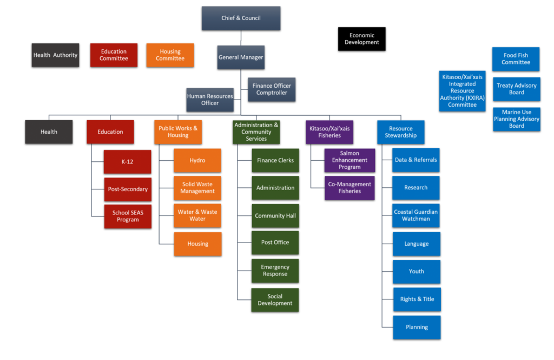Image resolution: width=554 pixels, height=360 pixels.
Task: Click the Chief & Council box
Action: coord(241,18)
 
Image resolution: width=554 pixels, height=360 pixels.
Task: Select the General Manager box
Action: coord(241,57)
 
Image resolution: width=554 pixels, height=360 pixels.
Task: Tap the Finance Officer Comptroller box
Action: coord(272,89)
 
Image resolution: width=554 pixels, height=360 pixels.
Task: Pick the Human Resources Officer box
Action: coord(210,100)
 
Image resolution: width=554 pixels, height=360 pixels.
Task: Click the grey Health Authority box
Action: coord(55,55)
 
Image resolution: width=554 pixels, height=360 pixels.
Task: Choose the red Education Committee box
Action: coord(114,55)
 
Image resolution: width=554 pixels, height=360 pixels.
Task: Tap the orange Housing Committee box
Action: coord(170,55)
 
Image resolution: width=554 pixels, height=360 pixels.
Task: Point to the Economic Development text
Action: coord(362,39)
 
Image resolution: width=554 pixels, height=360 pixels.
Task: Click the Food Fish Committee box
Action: coord(516,58)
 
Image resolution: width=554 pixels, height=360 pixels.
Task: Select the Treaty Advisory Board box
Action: coord(516,89)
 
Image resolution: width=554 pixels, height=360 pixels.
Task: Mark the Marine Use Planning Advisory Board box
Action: coord(516,119)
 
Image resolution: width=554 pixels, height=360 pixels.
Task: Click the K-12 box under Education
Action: coord(127,161)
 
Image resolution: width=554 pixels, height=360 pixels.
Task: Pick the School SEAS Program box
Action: coord(127,216)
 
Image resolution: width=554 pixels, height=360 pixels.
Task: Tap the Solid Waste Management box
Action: coord(197,188)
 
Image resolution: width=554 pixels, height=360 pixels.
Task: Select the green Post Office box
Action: coord(275,242)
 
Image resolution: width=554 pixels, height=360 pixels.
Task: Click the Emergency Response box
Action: coord(275,270)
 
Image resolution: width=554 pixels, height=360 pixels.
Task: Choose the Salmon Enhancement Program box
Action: coord(349,160)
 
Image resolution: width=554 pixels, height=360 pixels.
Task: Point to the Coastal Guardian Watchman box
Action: coord(415,215)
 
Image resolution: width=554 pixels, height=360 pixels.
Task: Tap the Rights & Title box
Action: coord(417,299)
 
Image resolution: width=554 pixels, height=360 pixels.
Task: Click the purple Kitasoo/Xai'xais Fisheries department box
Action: coord(329,132)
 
